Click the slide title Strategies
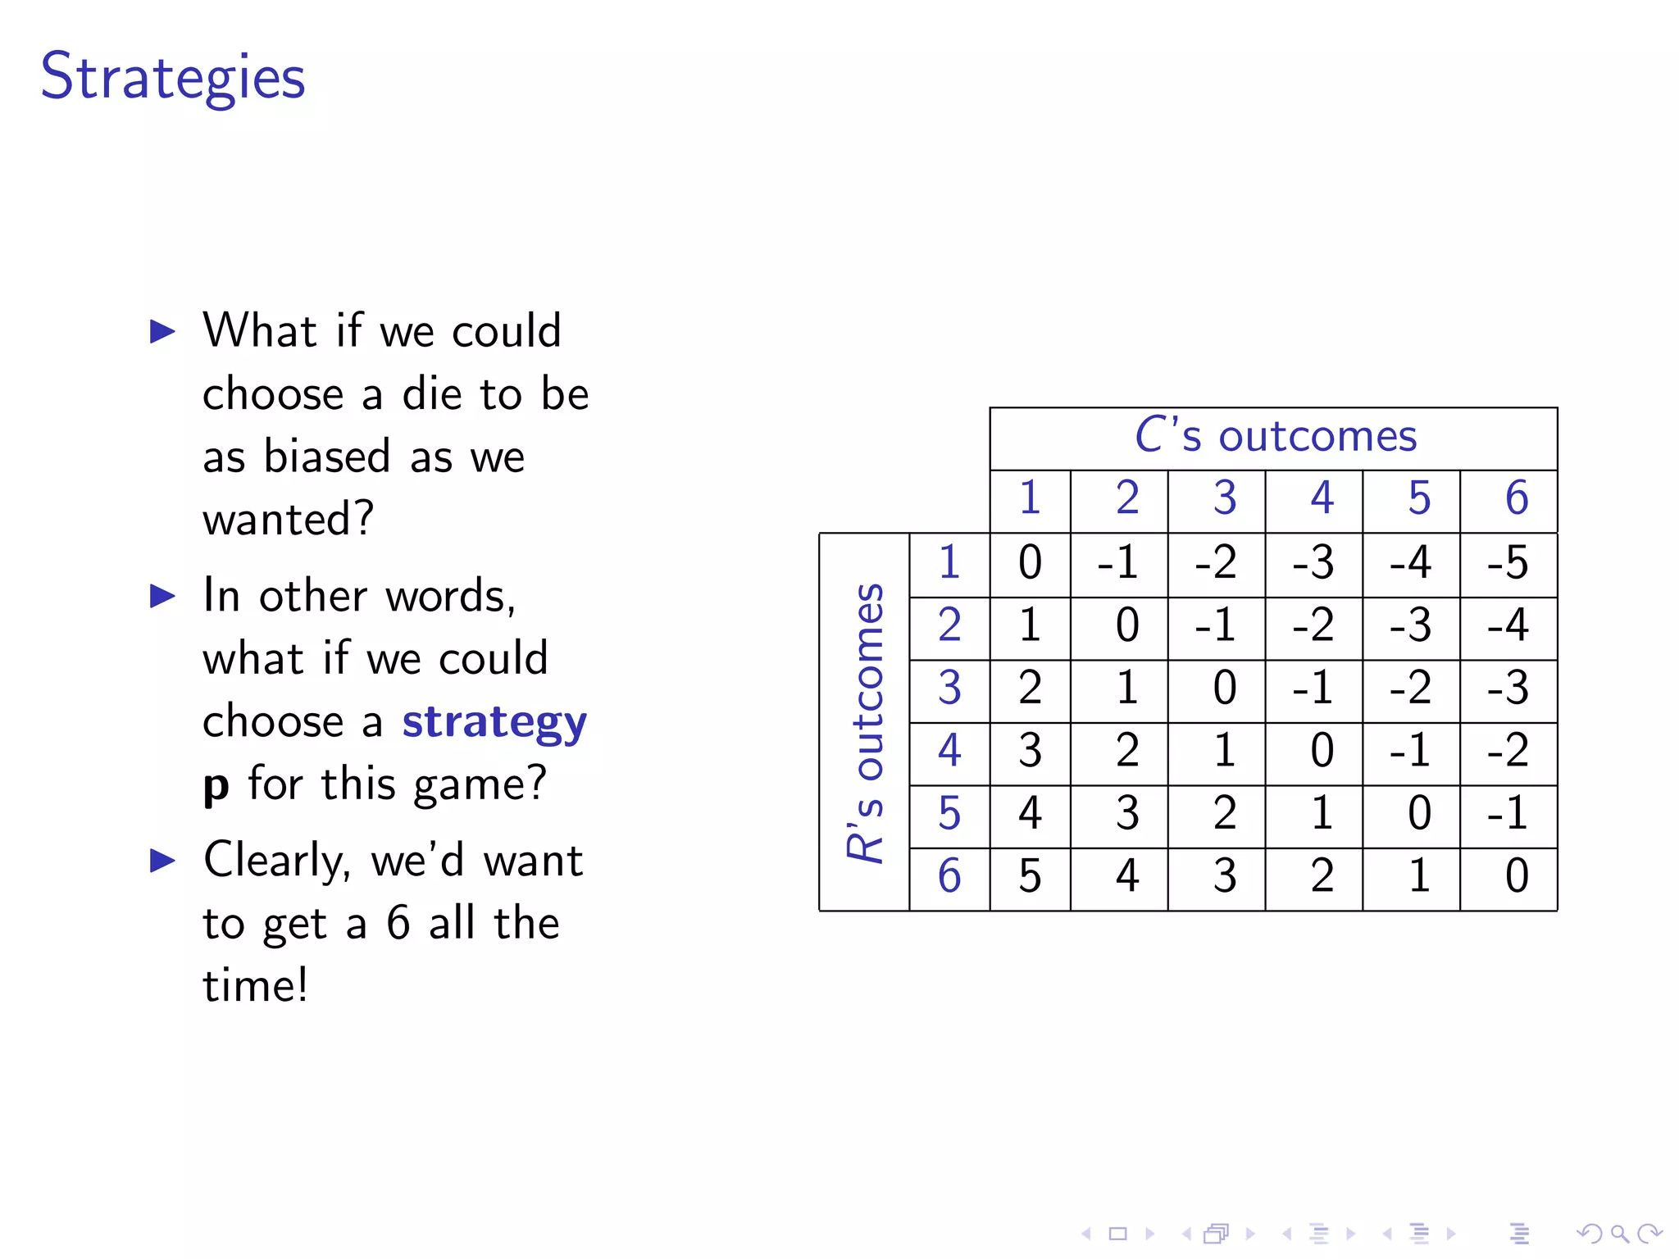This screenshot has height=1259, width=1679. tap(173, 76)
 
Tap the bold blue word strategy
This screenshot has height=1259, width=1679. tap(494, 722)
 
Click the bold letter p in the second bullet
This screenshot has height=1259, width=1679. tap(216, 784)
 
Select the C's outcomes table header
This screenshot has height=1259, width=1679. tap(1275, 436)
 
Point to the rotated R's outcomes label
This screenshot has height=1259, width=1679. tap(866, 722)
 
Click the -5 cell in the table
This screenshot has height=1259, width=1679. tap(1508, 563)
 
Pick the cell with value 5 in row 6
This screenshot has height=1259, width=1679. tap(1030, 876)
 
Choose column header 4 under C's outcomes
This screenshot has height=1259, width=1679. tap(1322, 498)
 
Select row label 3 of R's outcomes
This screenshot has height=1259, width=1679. tap(949, 689)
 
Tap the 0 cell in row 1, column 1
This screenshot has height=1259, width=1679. tap(1030, 563)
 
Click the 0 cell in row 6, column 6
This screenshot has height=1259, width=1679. tap(1517, 876)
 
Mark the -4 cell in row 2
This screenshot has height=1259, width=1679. tap(1508, 625)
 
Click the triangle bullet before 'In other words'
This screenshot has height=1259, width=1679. tap(163, 596)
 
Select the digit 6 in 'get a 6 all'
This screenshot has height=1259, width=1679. tap(398, 923)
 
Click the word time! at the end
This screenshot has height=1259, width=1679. tap(256, 985)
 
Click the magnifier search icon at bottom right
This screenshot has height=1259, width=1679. tap(1618, 1234)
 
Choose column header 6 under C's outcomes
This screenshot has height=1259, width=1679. tap(1517, 498)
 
